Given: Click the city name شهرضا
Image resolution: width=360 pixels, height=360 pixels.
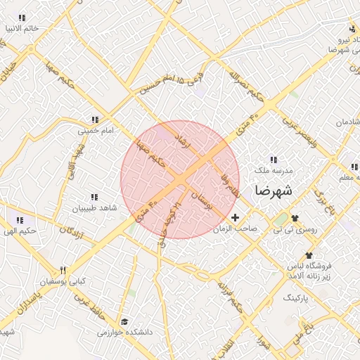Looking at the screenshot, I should (x=274, y=190).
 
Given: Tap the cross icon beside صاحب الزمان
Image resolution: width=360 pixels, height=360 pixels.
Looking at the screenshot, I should (x=235, y=218).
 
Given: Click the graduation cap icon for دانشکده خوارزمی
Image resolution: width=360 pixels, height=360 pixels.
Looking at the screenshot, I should (x=124, y=321).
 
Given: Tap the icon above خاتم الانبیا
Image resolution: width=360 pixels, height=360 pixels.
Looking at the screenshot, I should (x=22, y=18).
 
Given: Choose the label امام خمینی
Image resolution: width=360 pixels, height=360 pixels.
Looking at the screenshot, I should (x=94, y=131).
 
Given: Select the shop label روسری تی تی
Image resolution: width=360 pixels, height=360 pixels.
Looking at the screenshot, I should (x=296, y=229).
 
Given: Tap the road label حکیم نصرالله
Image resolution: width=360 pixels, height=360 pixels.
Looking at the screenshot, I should (x=235, y=77).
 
